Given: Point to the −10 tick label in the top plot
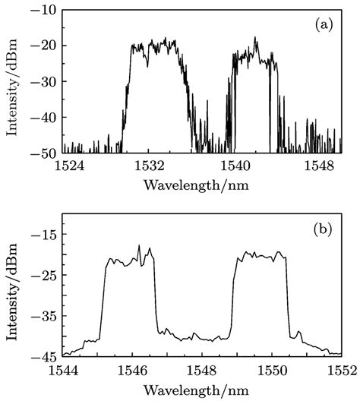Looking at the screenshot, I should (45, 10).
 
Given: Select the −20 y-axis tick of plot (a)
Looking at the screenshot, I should (45, 46).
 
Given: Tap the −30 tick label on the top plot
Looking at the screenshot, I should (45, 82).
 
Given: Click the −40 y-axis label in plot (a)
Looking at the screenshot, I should (45, 118).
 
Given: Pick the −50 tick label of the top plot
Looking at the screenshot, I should (45, 153).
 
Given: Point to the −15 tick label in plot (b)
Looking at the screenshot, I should (45, 235).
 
